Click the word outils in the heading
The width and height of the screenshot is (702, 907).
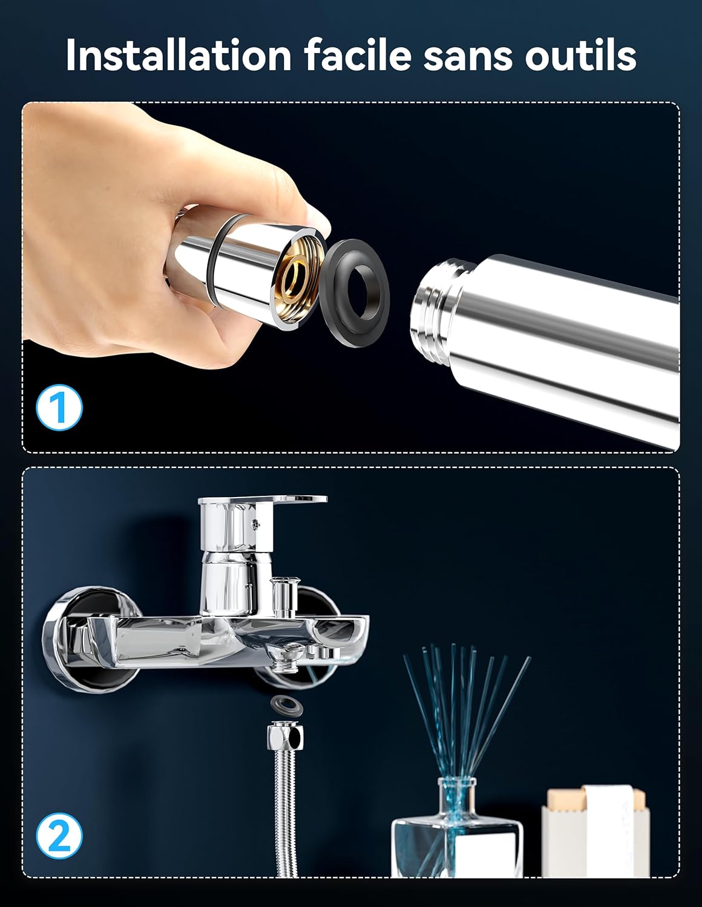pos(581,56)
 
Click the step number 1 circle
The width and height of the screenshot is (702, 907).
pos(59,408)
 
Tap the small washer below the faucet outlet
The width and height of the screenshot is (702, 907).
pos(284,704)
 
